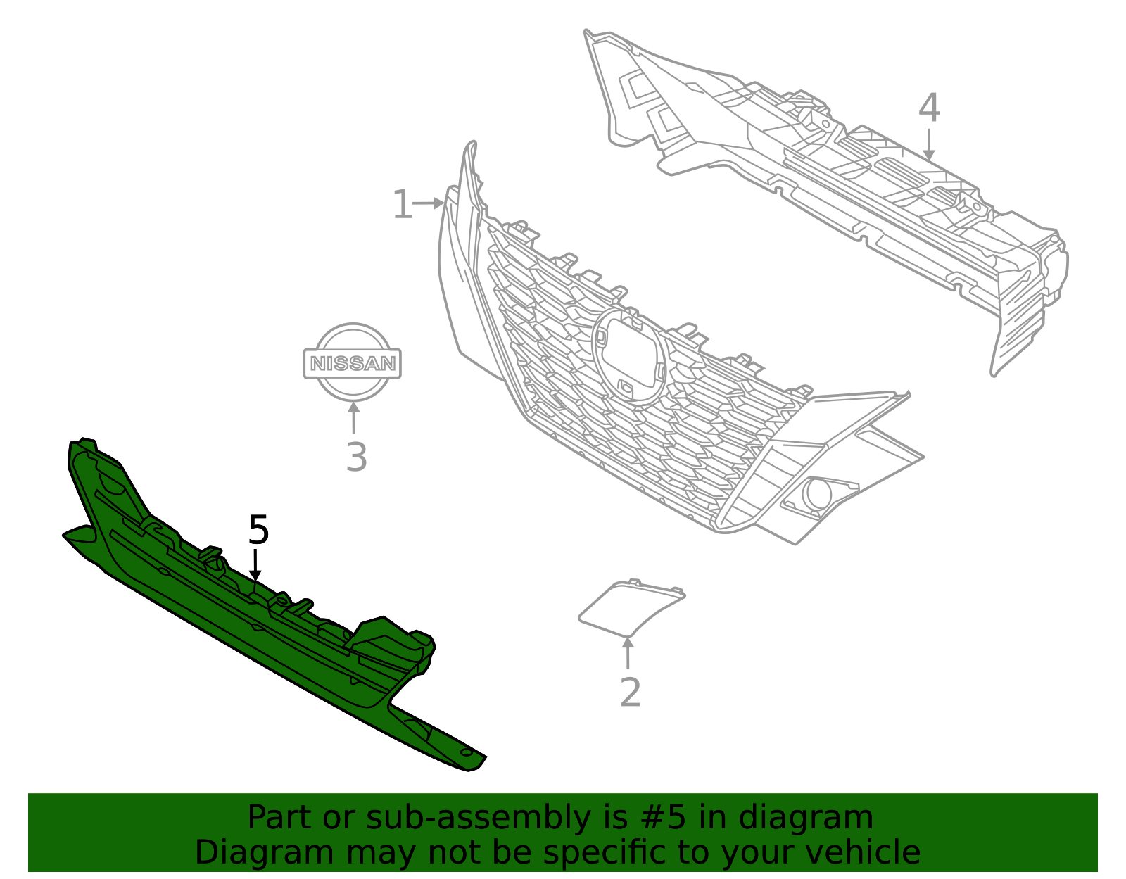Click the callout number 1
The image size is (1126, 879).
(401, 205)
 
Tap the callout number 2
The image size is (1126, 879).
(630, 693)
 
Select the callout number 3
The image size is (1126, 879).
(356, 457)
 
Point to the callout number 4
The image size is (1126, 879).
(929, 108)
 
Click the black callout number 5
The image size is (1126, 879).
(258, 530)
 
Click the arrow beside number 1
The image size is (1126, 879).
(429, 203)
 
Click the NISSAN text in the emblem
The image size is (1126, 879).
(353, 364)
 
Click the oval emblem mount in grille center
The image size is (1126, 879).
(628, 355)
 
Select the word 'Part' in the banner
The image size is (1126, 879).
(278, 818)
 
